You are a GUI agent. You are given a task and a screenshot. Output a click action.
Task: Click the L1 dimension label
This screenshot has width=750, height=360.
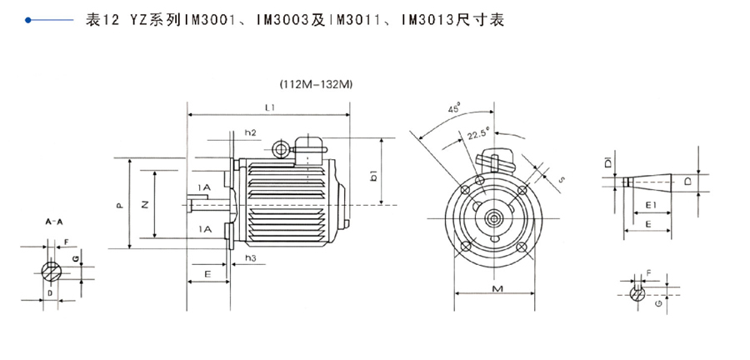(x=270, y=107)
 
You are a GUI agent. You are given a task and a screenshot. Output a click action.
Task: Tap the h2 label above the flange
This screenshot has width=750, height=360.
(x=250, y=132)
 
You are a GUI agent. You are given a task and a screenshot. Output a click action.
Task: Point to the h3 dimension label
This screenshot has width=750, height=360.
(x=250, y=258)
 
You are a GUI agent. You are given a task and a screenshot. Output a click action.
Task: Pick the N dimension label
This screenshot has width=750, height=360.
(x=147, y=202)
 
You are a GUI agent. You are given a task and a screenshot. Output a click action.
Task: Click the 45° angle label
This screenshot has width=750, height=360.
(x=454, y=109)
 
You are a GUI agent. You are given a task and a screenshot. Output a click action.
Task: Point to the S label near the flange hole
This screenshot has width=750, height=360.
(x=562, y=178)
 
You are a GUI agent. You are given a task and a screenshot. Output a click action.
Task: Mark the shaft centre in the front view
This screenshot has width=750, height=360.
(x=495, y=219)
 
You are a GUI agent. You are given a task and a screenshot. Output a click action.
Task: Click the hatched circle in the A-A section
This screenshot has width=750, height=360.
(x=51, y=270)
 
